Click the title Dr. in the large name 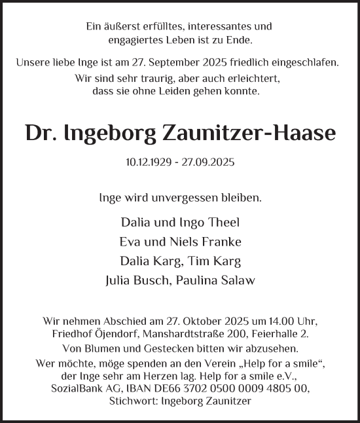point(41,133)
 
